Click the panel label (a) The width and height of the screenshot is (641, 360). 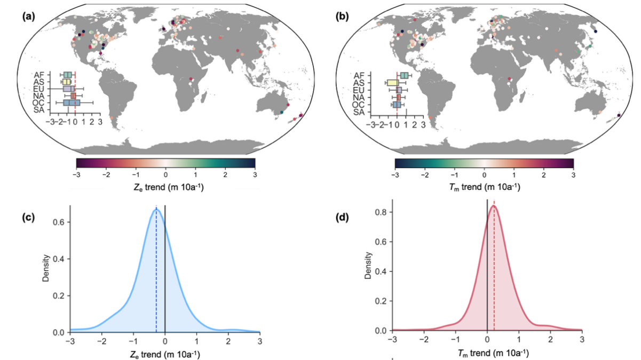pyautogui.click(x=28, y=17)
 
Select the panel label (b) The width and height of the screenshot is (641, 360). pyautogui.click(x=341, y=17)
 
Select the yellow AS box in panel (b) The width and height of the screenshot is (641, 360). pyautogui.click(x=392, y=83)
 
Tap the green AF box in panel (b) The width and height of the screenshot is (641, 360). pyautogui.click(x=405, y=76)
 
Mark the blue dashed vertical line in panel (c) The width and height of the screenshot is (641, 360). pyautogui.click(x=156, y=267)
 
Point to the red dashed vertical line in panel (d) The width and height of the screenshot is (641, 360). pyautogui.click(x=494, y=267)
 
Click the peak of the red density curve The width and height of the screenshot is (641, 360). pyautogui.click(x=493, y=206)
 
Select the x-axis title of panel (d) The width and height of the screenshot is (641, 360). pyautogui.click(x=487, y=353)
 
